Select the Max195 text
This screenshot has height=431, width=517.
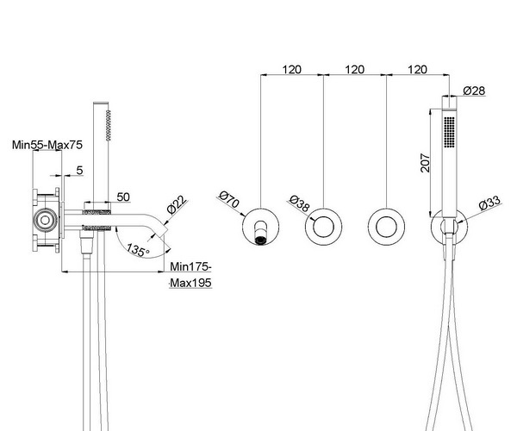[x=189, y=282]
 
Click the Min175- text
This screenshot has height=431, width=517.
[x=190, y=266]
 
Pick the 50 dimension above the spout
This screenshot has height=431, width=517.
[x=122, y=197]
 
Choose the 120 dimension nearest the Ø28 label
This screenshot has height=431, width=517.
[x=416, y=69]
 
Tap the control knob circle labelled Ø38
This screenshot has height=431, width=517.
[x=324, y=228]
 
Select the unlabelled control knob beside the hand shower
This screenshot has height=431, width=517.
[x=385, y=228]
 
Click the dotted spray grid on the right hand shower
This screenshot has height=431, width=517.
[x=447, y=134]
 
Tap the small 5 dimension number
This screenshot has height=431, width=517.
[x=79, y=170]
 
